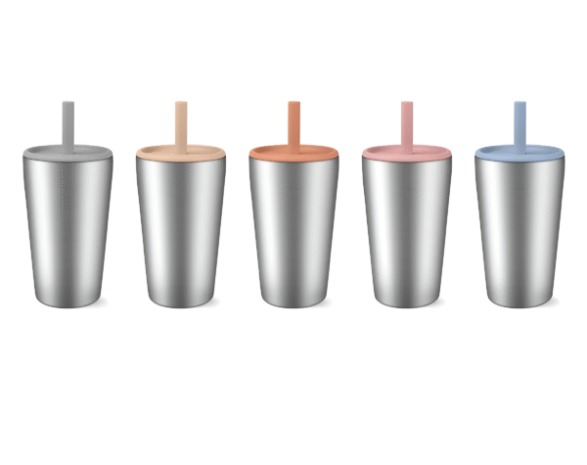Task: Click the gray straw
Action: [68, 122]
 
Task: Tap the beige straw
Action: [181, 122]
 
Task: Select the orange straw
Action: [293, 122]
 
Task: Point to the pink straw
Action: [407, 122]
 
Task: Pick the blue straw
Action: [519, 122]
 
